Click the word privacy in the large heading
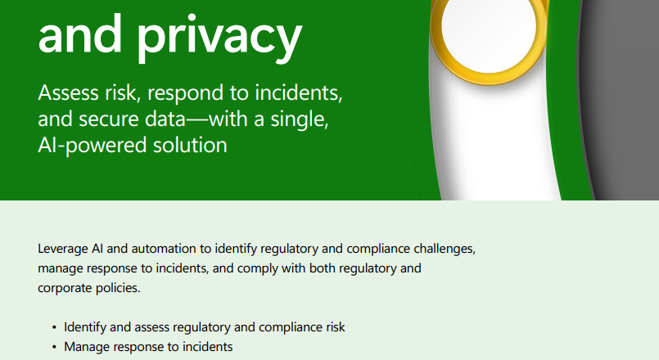(x=219, y=38)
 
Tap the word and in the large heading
(x=80, y=34)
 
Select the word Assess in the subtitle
(x=69, y=92)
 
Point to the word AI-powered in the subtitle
(x=92, y=146)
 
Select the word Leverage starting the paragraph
(x=63, y=249)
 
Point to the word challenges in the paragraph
(x=445, y=249)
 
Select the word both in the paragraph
(x=323, y=268)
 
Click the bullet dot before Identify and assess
(x=54, y=327)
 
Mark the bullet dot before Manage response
(x=54, y=348)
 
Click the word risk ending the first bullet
(x=336, y=327)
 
